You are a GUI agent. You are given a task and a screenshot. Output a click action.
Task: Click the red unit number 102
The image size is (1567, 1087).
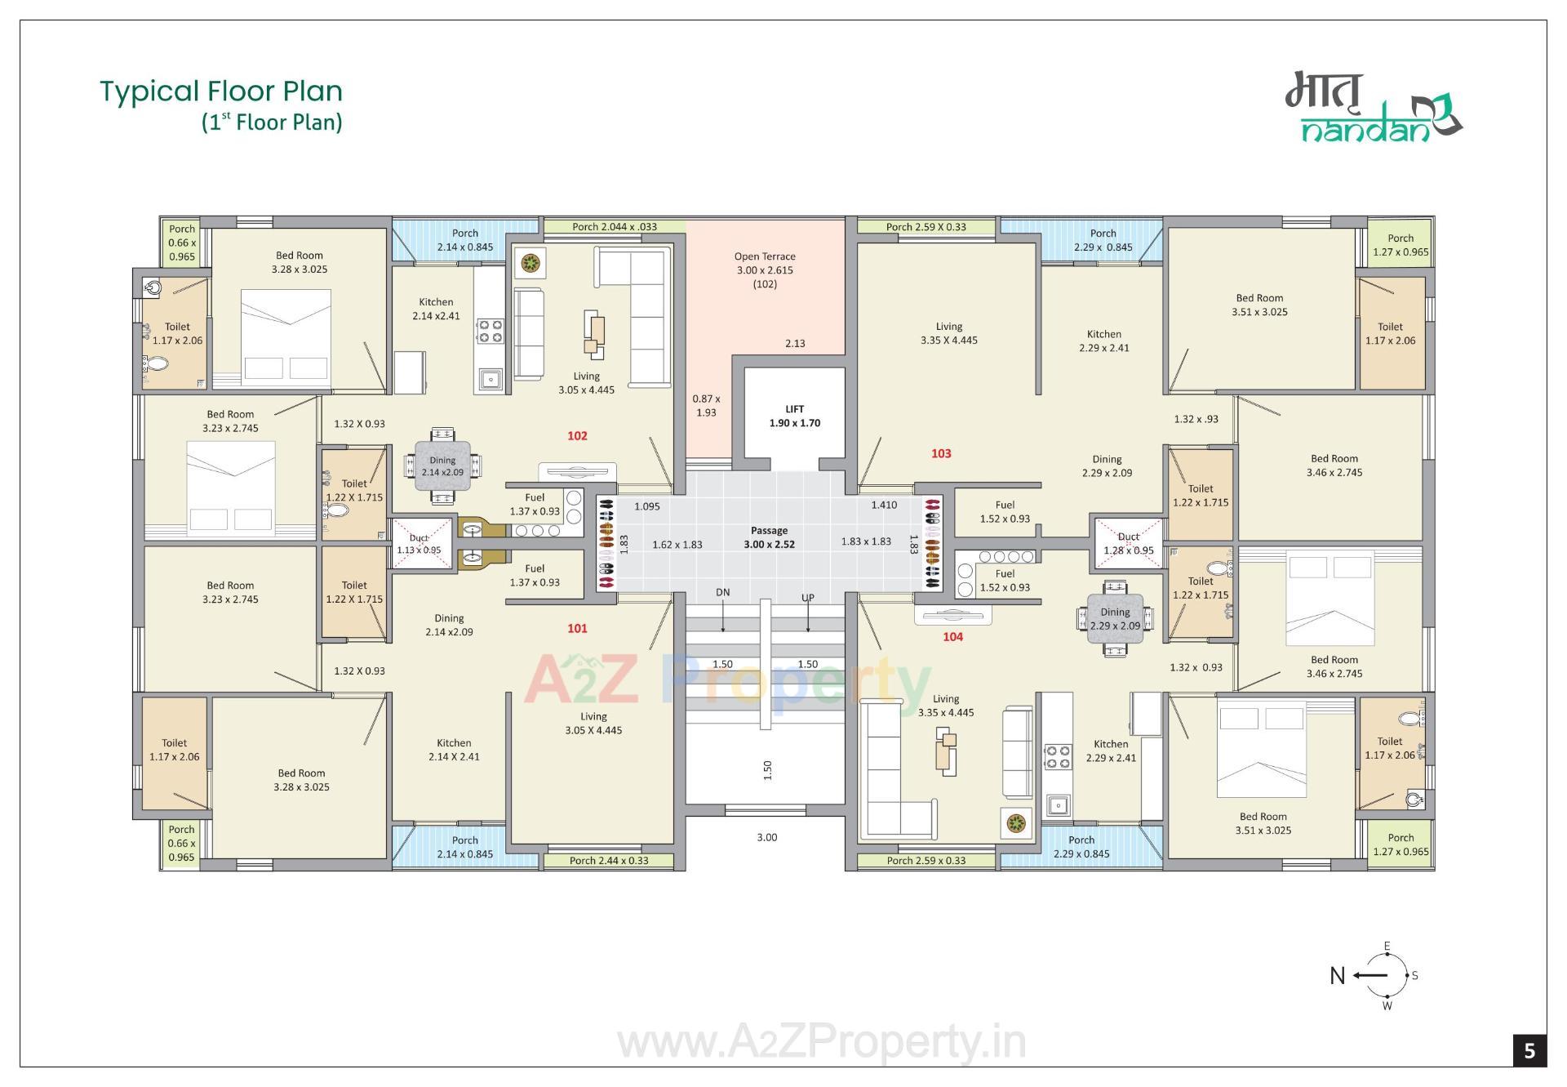(577, 436)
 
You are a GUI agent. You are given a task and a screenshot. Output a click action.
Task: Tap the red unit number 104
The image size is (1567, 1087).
(952, 637)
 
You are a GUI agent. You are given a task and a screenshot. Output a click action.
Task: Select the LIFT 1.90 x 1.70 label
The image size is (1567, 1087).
(794, 417)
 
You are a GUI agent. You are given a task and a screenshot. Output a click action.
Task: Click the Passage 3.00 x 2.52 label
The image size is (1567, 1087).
(769, 537)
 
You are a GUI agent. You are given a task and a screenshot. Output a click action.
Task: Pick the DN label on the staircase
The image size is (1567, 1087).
(723, 593)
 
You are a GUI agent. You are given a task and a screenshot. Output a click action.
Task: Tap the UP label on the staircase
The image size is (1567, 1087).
(808, 598)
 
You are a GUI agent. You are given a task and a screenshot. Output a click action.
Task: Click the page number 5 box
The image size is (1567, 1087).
(1529, 1050)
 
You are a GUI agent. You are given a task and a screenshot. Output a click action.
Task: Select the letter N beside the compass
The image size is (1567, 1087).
(1337, 976)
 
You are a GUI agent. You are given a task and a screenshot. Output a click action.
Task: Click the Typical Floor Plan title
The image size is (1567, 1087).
(221, 91)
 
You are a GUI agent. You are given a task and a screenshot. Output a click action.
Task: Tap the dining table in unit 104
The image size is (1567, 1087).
(1115, 619)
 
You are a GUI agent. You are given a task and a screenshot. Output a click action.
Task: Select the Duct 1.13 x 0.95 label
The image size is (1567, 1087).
(419, 544)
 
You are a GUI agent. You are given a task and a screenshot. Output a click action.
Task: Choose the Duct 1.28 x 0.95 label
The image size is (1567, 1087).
(1129, 544)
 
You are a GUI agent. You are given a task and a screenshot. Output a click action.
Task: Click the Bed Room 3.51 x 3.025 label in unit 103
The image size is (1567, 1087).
(1259, 305)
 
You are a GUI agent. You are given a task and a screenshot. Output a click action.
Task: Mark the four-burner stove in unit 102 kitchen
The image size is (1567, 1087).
(491, 330)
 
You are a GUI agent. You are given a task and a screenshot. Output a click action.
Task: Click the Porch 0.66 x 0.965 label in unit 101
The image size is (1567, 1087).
(181, 843)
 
